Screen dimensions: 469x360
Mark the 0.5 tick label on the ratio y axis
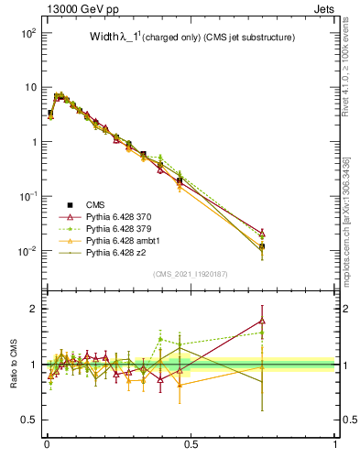pos(27,420)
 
